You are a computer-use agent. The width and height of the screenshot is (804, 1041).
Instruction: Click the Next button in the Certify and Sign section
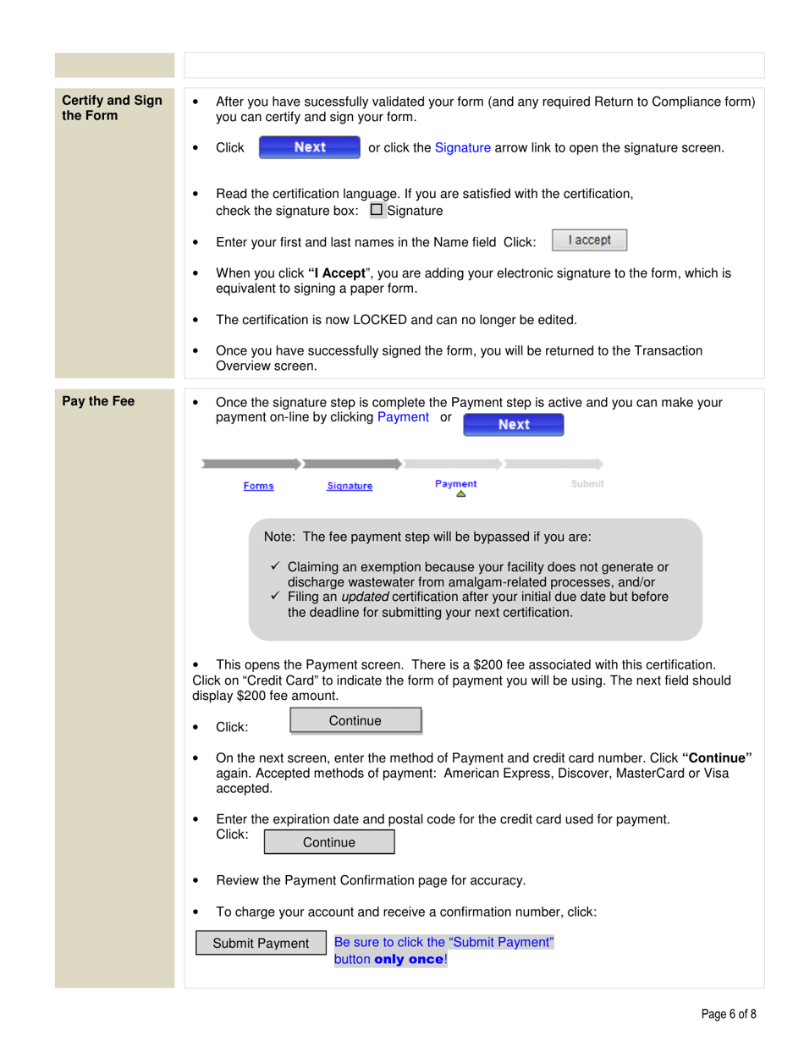[309, 147]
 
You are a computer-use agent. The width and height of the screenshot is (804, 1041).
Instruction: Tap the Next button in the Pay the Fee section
[514, 424]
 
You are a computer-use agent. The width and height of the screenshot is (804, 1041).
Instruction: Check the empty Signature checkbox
[377, 210]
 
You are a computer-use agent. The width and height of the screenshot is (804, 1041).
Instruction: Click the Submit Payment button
[261, 944]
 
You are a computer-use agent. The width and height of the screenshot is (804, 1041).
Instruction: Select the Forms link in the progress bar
[258, 486]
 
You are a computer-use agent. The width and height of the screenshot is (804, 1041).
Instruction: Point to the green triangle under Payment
[460, 495]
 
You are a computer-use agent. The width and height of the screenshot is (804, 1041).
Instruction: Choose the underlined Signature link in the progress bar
[350, 486]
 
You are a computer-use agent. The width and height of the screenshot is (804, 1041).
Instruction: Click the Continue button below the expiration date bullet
[329, 842]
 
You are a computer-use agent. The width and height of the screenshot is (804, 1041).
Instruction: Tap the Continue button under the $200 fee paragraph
[355, 720]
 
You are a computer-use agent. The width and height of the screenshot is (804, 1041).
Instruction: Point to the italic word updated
[365, 597]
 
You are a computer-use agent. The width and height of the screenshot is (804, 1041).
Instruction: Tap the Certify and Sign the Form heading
[113, 107]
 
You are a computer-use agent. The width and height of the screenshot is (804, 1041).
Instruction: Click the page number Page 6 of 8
[729, 1014]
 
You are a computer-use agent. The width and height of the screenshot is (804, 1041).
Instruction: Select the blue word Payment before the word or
[403, 417]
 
